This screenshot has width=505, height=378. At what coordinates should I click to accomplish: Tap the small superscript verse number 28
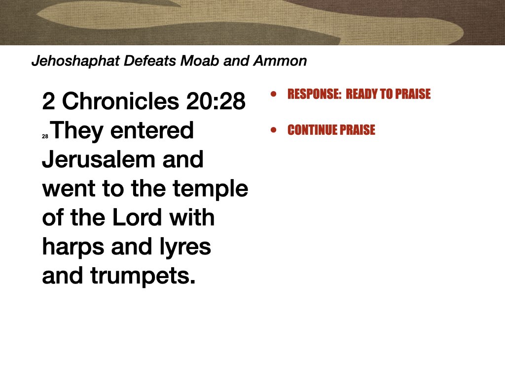pyautogui.click(x=45, y=138)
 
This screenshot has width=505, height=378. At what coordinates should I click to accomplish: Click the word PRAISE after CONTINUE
pyautogui.click(x=357, y=130)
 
